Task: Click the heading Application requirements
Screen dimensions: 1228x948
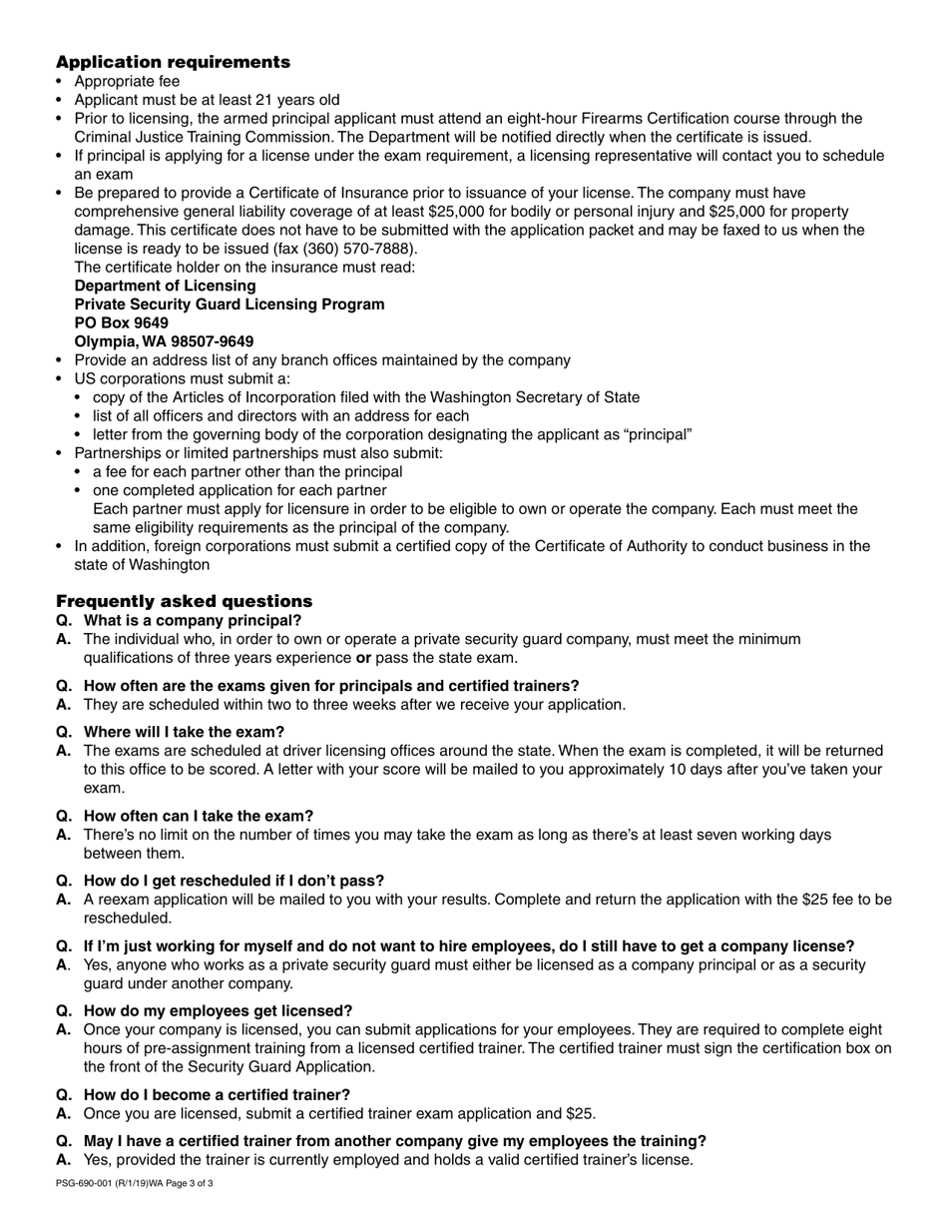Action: (173, 62)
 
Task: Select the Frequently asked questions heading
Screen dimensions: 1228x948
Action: (184, 601)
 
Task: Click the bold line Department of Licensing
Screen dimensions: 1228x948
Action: (165, 286)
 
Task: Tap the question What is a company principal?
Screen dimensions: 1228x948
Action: (192, 620)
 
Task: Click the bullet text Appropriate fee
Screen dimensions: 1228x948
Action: (128, 81)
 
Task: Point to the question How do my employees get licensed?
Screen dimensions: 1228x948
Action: (218, 1010)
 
